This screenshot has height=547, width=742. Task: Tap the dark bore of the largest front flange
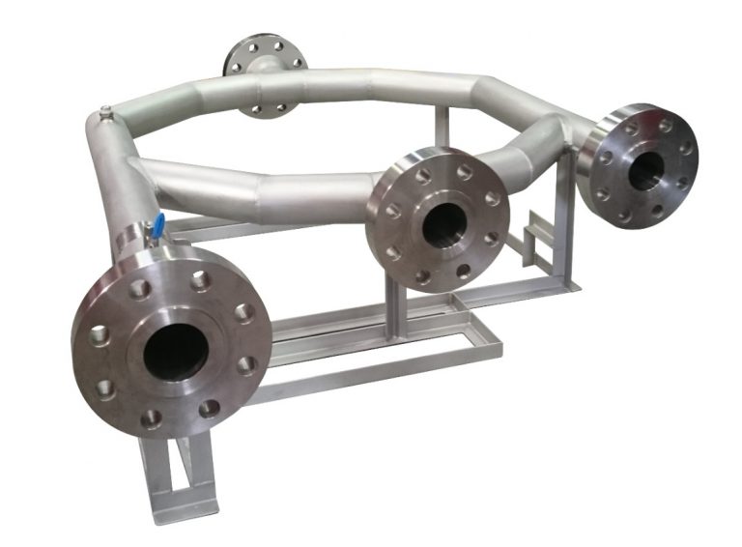[176, 348]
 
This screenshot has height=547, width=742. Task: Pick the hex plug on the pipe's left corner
[105, 117]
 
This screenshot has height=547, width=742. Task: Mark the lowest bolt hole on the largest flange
[152, 418]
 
